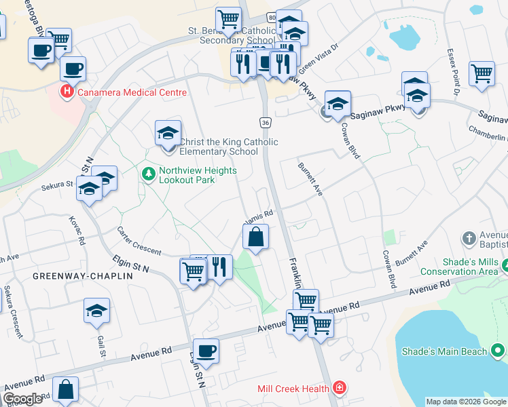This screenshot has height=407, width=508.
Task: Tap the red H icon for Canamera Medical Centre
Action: coord(67,92)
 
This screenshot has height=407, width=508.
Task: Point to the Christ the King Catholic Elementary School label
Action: coord(228,147)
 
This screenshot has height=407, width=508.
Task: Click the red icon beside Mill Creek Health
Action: coord(339,389)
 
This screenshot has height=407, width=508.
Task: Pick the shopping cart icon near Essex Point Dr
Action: coord(482,72)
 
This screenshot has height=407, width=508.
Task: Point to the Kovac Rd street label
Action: coord(76,231)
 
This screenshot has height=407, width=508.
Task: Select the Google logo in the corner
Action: coord(22,399)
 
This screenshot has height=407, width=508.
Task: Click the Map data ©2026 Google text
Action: coord(466,402)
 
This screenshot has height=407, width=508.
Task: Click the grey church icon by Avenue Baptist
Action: coord(469,239)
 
